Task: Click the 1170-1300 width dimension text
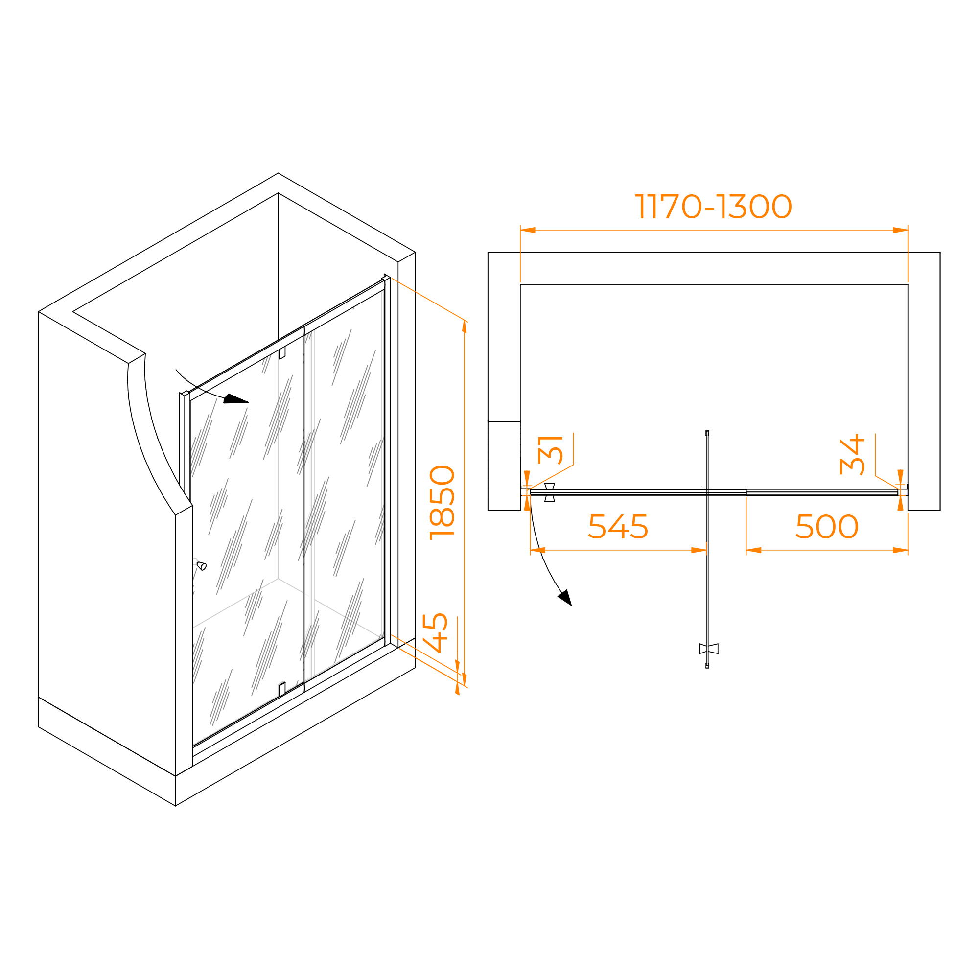713,206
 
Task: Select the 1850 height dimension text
442,503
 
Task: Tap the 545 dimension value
618,527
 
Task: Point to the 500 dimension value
827,527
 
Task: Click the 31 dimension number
550,450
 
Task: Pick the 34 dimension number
852,455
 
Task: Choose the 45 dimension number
435,633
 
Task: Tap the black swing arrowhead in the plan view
565,597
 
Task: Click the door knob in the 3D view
201,565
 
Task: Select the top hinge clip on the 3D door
282,352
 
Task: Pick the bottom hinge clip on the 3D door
282,690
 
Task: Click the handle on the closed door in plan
550,492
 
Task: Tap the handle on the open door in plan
708,649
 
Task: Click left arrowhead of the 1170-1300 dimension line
528,230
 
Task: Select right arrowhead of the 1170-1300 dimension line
901,230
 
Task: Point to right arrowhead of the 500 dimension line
901,550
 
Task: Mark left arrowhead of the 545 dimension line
537,550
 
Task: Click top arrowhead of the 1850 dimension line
464,327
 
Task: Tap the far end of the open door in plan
707,667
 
